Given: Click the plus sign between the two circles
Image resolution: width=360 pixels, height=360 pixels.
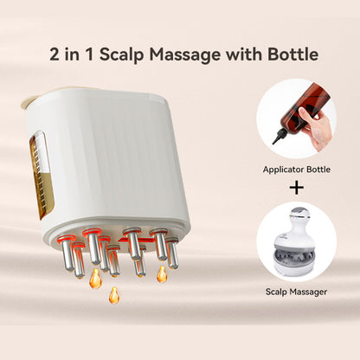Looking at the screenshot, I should tap(297, 185).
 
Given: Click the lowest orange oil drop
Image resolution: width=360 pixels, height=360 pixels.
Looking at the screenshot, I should tap(113, 294).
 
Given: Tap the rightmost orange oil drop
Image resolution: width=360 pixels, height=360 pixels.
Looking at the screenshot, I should tap(162, 274).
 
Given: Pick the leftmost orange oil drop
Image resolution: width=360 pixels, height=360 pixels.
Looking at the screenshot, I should tap(95, 279).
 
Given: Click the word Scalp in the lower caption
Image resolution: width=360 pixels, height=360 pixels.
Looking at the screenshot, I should tap(279, 292).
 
